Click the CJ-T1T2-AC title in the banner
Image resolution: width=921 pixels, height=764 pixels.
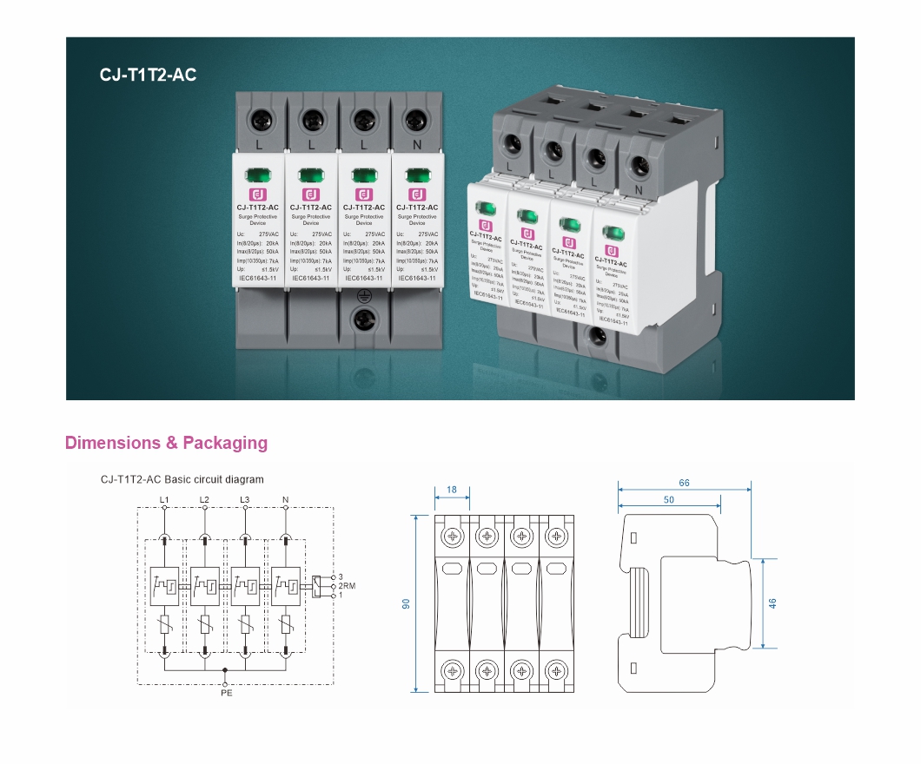coord(148,76)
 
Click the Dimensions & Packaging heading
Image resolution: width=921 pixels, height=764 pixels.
coord(166,443)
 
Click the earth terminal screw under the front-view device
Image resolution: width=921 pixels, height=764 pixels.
coord(364,320)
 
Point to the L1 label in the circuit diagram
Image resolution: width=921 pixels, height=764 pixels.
coord(164,499)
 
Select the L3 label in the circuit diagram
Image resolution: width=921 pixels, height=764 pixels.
coord(244,499)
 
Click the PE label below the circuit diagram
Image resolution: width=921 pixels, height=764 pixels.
coord(226,693)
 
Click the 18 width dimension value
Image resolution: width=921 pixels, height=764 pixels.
coord(452,490)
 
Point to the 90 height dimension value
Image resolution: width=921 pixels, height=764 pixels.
coord(405,603)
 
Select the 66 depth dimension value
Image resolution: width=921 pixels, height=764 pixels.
coord(684,482)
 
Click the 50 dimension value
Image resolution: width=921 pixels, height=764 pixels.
coord(668,500)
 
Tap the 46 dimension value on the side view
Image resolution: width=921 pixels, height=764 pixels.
coord(772,603)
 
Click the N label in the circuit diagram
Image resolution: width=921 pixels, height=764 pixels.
coord(286,499)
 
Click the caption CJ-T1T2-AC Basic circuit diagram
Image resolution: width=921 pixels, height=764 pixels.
coord(182,479)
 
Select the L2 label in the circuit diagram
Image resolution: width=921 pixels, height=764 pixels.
coord(204,499)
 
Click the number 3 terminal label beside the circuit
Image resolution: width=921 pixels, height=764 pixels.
coord(341,576)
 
